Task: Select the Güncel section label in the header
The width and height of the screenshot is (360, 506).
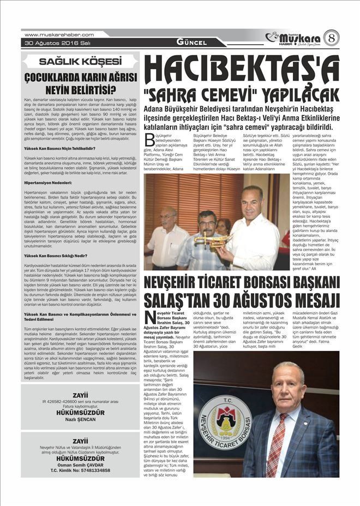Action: click(x=191, y=42)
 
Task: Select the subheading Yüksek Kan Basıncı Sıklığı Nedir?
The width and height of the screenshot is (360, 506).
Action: click(x=60, y=255)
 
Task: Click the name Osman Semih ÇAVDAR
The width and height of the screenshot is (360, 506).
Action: click(x=80, y=465)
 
